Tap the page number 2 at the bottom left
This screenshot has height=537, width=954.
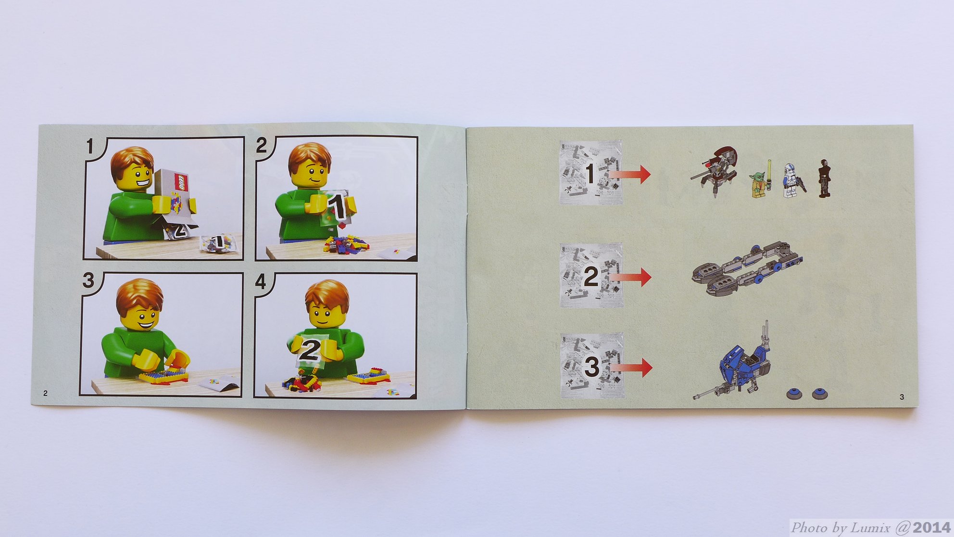tap(46, 393)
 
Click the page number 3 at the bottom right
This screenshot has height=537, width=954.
tap(902, 397)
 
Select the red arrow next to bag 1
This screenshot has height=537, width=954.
tap(630, 174)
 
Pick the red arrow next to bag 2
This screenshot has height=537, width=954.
tap(630, 277)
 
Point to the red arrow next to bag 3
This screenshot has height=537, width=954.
tap(631, 368)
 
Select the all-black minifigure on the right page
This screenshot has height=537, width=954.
tap(824, 178)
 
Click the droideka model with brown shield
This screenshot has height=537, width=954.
tap(715, 171)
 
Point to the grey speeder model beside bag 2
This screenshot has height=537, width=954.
tap(745, 269)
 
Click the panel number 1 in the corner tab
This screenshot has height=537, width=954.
tap(90, 146)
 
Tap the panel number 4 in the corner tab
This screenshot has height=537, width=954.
tap(261, 281)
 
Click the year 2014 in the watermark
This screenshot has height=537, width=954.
tap(931, 527)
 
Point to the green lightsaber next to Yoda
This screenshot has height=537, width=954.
tap(769, 175)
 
